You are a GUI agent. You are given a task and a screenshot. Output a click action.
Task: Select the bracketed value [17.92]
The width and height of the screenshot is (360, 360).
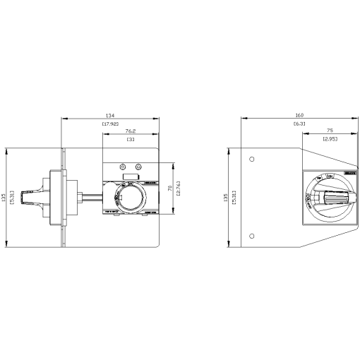click(x=110, y=124)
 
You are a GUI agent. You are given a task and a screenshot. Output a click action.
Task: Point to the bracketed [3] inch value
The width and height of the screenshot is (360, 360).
click(x=131, y=140)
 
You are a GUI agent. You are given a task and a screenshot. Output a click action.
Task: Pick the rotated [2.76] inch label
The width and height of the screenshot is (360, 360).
click(x=180, y=187)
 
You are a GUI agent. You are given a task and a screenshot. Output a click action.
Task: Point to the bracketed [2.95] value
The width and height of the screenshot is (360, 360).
click(x=329, y=140)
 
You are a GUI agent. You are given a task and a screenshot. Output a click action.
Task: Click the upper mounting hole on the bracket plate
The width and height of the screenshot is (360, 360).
click(x=252, y=159)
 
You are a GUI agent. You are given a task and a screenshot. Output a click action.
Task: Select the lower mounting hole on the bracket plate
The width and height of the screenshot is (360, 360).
click(x=252, y=236)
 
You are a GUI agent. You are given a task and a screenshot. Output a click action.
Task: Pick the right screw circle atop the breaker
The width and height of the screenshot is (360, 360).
click(x=138, y=166)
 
